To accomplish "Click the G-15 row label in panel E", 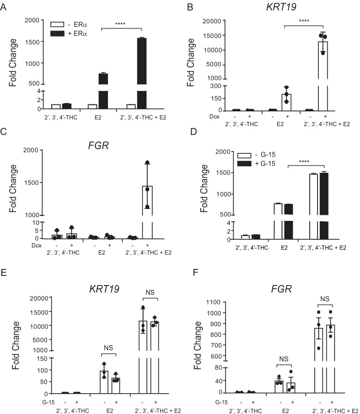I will tap(44, 401).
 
